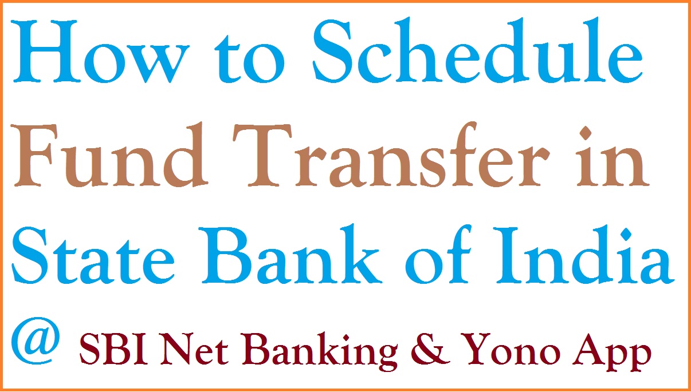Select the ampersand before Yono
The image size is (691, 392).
(x=433, y=351)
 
